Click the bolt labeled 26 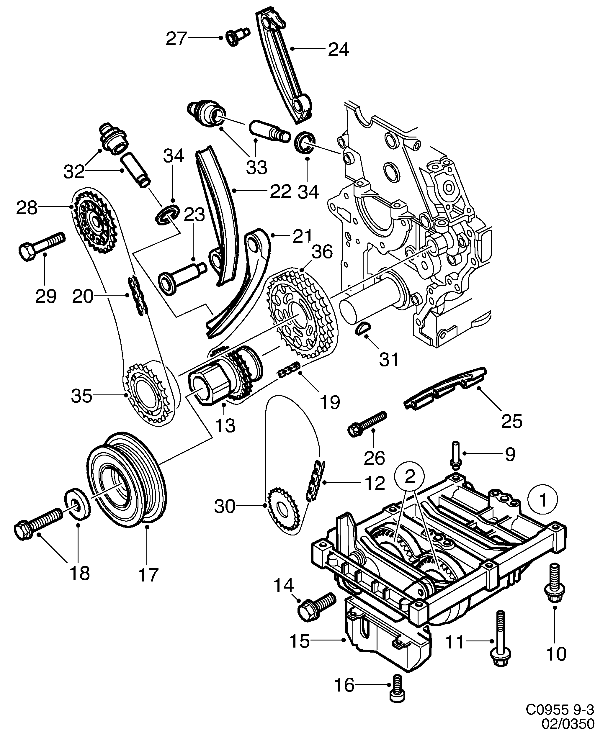tap(367, 423)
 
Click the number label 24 tap(338, 50)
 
